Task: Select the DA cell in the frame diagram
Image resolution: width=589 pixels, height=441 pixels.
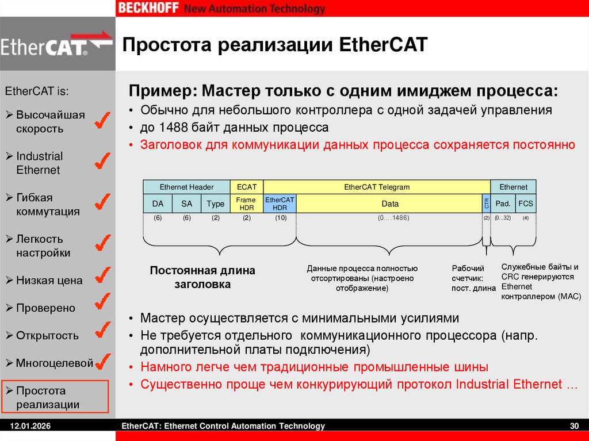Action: tap(158, 204)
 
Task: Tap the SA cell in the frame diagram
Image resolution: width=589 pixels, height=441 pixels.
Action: tap(186, 204)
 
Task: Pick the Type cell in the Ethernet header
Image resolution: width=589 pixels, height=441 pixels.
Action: tap(215, 204)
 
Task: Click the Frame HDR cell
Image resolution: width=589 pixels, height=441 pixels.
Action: tap(246, 204)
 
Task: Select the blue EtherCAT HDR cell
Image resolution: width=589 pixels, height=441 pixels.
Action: tap(280, 204)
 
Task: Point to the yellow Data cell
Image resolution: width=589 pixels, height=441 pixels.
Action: tap(389, 204)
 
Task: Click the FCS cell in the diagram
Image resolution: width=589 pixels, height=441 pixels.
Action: tap(525, 204)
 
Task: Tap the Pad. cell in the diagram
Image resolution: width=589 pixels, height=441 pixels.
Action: tap(503, 204)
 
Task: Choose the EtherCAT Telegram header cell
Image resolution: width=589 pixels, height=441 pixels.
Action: tap(377, 187)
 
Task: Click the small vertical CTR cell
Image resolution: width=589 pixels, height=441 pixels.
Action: tap(486, 204)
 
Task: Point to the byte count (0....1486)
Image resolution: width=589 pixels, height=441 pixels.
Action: tap(389, 218)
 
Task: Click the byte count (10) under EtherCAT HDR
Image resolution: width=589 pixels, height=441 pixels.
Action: tap(280, 218)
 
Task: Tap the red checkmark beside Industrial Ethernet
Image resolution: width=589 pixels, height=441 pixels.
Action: tap(101, 160)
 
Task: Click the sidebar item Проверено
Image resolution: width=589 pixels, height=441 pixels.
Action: tap(45, 308)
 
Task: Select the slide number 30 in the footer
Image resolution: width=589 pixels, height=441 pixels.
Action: tap(573, 426)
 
